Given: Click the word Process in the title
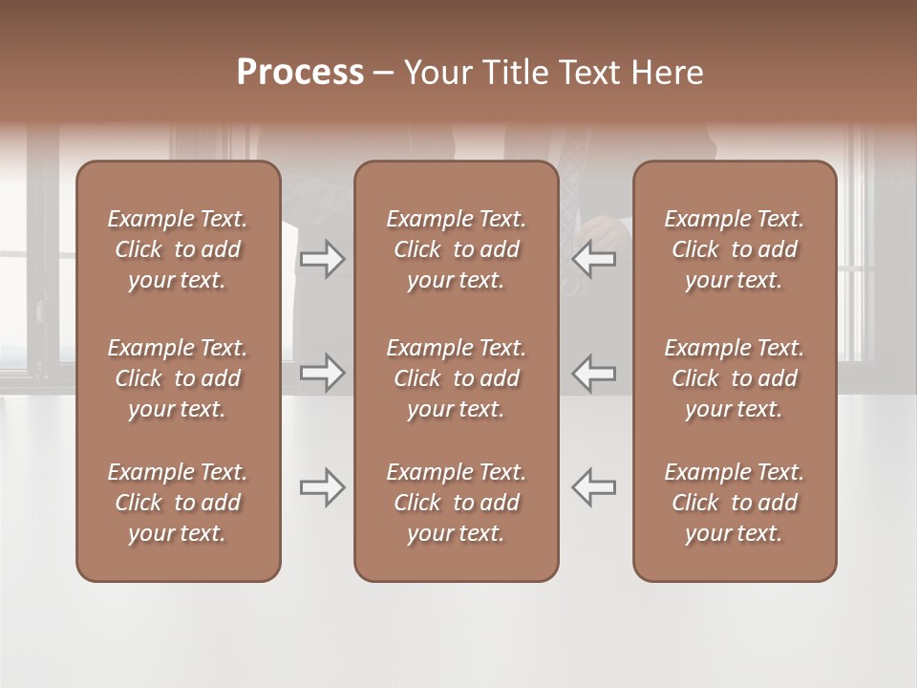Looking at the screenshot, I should tap(300, 73).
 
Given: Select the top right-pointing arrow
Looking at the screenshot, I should tap(323, 260).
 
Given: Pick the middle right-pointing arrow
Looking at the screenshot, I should tap(323, 373).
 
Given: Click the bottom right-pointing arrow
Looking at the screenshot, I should tap(323, 487).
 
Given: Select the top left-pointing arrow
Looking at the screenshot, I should tap(593, 260).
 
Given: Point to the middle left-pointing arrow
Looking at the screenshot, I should tap(593, 373).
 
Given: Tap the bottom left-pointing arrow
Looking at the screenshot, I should tap(593, 487).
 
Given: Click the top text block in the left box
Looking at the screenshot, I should tap(178, 249).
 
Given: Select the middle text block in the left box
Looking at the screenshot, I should tap(178, 378).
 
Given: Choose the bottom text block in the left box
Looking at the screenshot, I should tap(178, 503).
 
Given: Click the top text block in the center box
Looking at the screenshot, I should tap(456, 249).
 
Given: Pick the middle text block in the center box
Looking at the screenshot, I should tap(456, 378).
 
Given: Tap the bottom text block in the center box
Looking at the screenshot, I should tap(456, 503).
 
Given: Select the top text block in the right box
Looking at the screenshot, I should tap(734, 249).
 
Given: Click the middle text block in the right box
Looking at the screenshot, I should tap(734, 378).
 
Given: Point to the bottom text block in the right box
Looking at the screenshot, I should tap(734, 503).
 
